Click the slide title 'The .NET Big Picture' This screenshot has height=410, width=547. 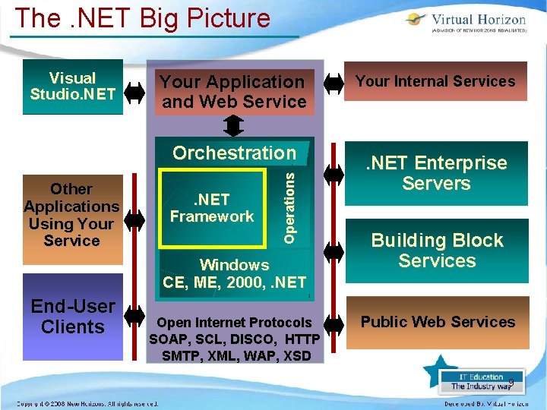pyautogui.click(x=143, y=18)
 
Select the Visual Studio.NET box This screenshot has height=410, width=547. pyautogui.click(x=73, y=87)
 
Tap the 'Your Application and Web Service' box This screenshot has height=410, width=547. pyautogui.click(x=234, y=92)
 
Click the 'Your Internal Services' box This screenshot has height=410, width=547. pyautogui.click(x=435, y=81)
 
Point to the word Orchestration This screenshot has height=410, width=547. pyautogui.click(x=234, y=153)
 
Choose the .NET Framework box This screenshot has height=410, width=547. pyautogui.click(x=212, y=208)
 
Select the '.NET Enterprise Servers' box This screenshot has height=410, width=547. pyautogui.click(x=436, y=173)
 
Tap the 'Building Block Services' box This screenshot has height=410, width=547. pyautogui.click(x=437, y=251)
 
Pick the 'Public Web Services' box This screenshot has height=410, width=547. pyautogui.click(x=438, y=322)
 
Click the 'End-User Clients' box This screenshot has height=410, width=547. pyautogui.click(x=73, y=317)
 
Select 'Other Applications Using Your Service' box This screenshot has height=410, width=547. pyautogui.click(x=72, y=215)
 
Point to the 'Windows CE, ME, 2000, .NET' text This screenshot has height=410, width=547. pyautogui.click(x=234, y=274)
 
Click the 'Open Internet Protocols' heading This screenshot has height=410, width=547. pyautogui.click(x=234, y=323)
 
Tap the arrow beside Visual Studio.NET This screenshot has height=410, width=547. pyautogui.click(x=134, y=92)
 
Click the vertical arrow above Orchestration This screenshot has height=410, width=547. pyautogui.click(x=234, y=124)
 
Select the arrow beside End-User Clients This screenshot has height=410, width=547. pyautogui.click(x=134, y=315)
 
